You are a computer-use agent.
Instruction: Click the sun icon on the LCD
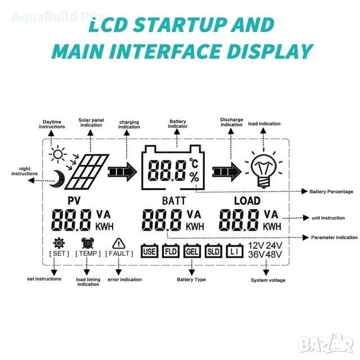click(57, 155)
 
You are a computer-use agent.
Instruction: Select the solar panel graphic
click(87, 172)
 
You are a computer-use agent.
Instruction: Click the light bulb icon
click(264, 170)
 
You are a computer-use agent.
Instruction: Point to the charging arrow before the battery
click(123, 172)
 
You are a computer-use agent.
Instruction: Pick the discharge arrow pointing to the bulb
click(227, 172)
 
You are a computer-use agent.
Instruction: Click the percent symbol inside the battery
click(194, 177)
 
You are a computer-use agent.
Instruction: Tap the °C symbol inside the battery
click(193, 163)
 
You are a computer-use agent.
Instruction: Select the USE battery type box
click(150, 251)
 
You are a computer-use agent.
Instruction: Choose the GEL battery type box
click(192, 251)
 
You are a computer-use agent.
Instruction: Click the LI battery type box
click(235, 251)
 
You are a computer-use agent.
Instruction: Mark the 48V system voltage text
click(274, 255)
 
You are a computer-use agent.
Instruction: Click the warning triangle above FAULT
click(119, 244)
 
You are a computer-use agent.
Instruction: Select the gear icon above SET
click(59, 243)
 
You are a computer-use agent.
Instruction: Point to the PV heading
click(74, 201)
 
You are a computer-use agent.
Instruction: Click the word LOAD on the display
click(247, 201)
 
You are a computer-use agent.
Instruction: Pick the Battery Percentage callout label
click(331, 191)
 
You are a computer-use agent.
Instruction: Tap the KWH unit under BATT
click(195, 227)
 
